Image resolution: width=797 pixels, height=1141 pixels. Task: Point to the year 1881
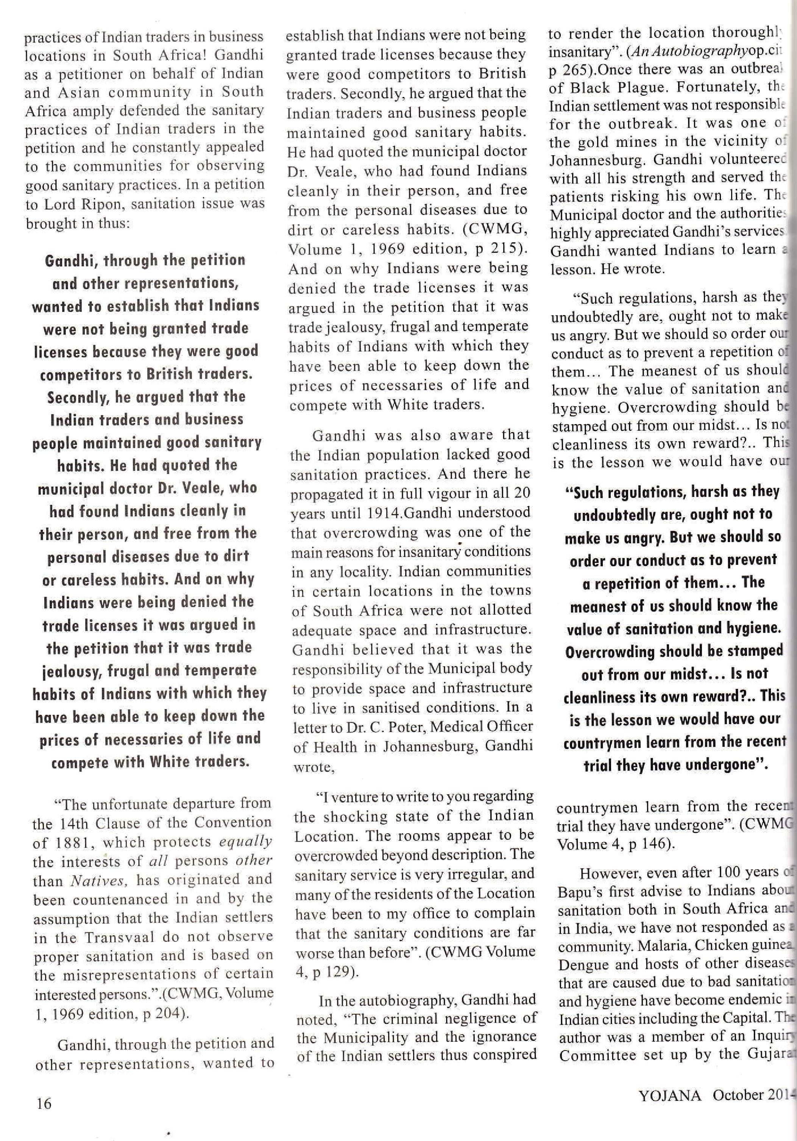(x=59, y=842)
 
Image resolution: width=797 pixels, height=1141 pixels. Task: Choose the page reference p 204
(x=162, y=1014)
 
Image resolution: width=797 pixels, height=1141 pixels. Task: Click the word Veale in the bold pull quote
(x=192, y=488)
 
